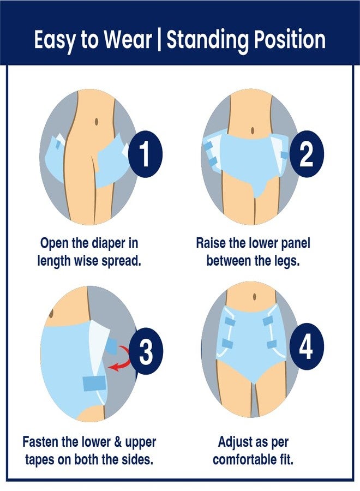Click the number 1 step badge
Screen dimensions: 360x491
coord(145,154)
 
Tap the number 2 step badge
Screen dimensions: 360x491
coord(307,154)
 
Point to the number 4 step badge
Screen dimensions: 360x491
coord(306,346)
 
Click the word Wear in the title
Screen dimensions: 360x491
coord(128,39)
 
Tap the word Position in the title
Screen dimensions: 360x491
coord(290,39)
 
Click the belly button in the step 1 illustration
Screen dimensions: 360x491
coord(97,121)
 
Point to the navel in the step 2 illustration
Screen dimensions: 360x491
coord(253,131)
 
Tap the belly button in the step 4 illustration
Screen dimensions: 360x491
coord(255,296)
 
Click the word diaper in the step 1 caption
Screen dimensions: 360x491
coord(109,244)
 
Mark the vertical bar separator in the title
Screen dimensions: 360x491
coord(159,40)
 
